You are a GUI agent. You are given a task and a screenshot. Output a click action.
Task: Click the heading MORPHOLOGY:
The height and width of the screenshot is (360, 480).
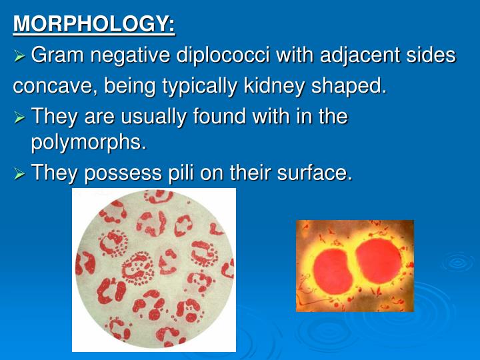tap(94, 24)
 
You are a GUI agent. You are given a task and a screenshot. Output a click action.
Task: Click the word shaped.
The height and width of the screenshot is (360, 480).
tap(351, 86)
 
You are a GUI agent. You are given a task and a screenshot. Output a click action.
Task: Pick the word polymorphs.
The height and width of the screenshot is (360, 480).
tap(87, 142)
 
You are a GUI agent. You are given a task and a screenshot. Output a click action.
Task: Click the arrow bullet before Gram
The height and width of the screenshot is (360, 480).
tap(20, 56)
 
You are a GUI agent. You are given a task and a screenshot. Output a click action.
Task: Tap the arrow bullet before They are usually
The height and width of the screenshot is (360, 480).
tap(20, 118)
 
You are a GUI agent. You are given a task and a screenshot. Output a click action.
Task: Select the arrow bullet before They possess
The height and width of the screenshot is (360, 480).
tap(20, 174)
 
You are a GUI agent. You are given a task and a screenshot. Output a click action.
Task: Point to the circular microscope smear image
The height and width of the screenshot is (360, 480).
tap(154, 269)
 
